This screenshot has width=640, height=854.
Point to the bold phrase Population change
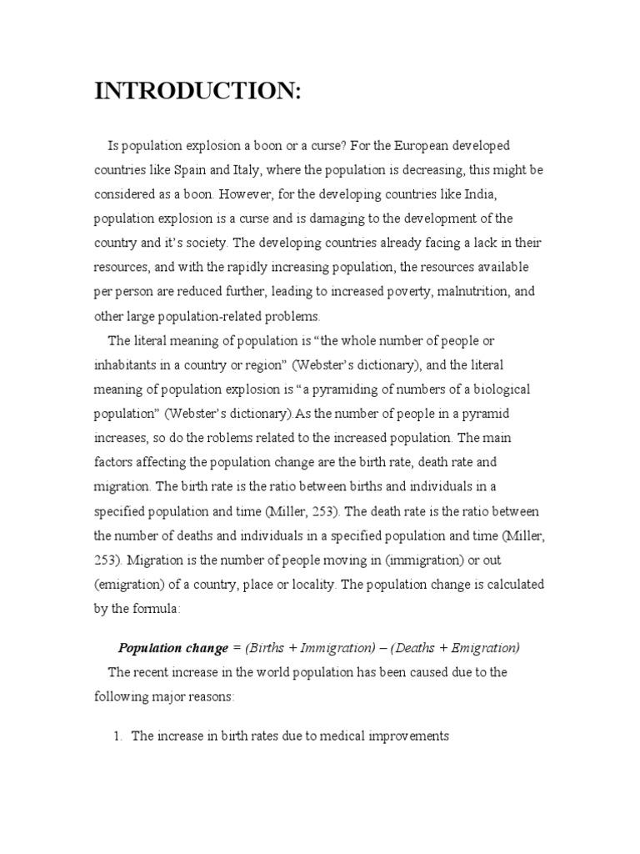(172, 647)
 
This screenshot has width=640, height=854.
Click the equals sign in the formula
(236, 647)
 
